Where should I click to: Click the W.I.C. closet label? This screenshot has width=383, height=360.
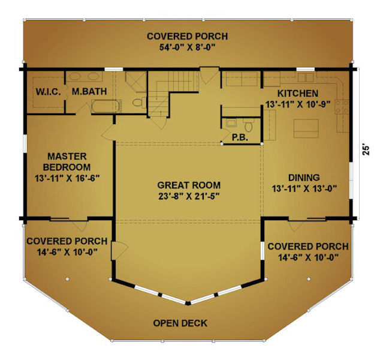pos(48,92)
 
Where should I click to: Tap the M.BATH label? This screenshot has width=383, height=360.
pos(89,91)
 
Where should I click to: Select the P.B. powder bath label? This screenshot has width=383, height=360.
pos(240,137)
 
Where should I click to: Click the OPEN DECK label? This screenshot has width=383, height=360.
pos(180,323)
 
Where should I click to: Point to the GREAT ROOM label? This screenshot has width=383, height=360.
pos(189,185)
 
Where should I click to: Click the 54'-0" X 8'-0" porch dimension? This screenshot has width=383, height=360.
pos(188,47)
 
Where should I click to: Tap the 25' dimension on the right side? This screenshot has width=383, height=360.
pos(366,151)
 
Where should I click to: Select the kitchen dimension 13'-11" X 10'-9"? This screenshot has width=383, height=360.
pos(298,104)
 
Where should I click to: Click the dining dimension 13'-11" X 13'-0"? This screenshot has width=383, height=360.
pos(304,188)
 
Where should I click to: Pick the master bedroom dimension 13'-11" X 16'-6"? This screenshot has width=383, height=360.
pos(67,178)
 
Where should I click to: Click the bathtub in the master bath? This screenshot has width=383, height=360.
pos(106,106)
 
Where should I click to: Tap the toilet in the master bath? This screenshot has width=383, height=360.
pos(139,102)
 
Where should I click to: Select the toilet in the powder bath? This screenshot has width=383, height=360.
pos(248,125)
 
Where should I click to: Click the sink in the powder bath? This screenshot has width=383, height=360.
pos(231,123)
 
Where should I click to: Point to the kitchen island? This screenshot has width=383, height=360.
pos(306,128)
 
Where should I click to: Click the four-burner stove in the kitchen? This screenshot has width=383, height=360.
pos(342,107)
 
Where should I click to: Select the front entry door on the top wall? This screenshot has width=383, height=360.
pos(209,75)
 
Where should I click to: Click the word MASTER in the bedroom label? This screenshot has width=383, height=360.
pos(67,156)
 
